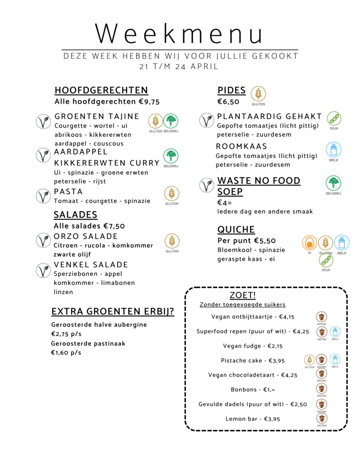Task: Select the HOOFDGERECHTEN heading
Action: coord(101,91)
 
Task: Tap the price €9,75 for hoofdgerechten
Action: coord(149,102)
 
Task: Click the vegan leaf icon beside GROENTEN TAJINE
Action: coord(43,121)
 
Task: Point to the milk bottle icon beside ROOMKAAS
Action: coord(334,149)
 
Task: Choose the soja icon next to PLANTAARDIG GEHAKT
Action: coord(334,119)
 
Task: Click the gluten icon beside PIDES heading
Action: coord(258,94)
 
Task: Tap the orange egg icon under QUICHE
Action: coord(309,243)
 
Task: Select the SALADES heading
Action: coord(76,215)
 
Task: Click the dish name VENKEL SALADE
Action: coord(91,265)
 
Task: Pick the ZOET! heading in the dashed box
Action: coord(243,295)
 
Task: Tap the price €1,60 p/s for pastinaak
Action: coord(66,352)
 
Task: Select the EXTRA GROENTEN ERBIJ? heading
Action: coord(113,312)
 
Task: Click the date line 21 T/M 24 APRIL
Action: coord(178,67)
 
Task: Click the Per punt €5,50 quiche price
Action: coord(247,241)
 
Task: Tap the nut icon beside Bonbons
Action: coord(322,388)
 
